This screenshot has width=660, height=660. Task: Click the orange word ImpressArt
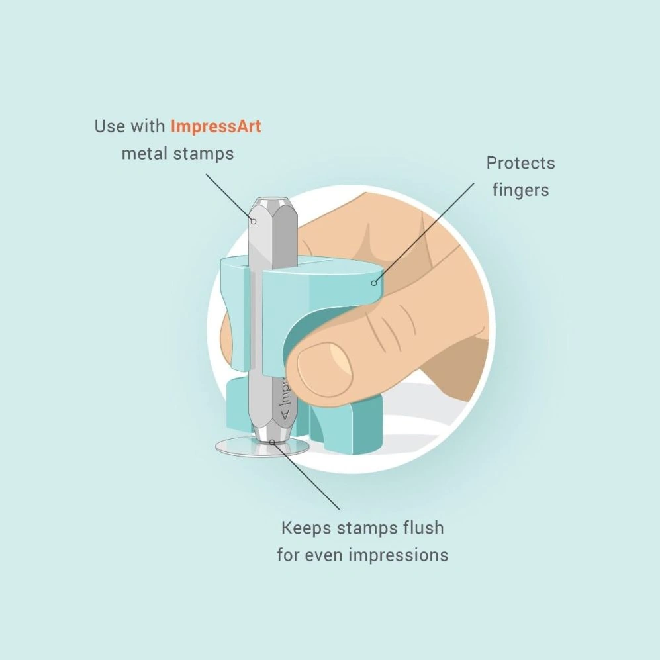[x=216, y=126]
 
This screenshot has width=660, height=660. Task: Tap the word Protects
[x=521, y=164]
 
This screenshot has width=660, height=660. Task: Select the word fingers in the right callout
[x=521, y=191]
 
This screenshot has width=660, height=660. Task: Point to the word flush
[x=424, y=528]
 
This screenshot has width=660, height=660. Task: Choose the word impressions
[x=399, y=555]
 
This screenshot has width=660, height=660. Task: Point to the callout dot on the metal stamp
[x=254, y=222]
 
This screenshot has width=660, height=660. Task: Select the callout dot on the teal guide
[x=374, y=283]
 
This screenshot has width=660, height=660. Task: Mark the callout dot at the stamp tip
[x=272, y=442]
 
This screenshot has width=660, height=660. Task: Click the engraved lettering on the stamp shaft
[x=285, y=399]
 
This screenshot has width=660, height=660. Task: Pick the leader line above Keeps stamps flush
[x=306, y=477]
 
